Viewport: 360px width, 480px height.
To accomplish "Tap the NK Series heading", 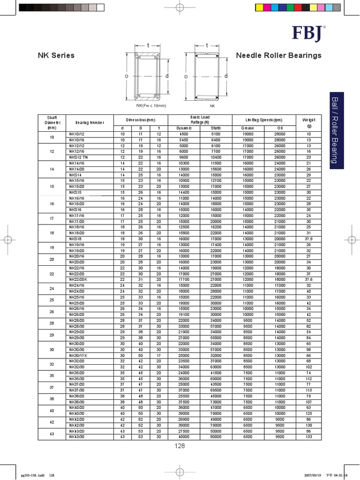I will pos(56,55).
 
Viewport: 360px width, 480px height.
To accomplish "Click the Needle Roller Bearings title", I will pos(279,55).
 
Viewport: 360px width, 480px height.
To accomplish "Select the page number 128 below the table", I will pos(180,446).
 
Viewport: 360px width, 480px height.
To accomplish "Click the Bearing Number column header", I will pos(90,122).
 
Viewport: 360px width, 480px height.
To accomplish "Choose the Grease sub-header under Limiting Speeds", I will pos(247,128).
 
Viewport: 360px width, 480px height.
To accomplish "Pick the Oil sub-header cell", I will pos(280,128).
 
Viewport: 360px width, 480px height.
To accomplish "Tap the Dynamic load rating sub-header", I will pos(184,128).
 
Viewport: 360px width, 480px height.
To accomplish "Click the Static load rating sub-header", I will pos(216,128).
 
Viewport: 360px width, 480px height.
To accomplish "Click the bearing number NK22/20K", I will pos(79,280).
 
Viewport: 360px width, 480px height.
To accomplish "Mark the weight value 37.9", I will pos(309,239).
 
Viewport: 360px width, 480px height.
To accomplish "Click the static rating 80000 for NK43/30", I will pos(216,437).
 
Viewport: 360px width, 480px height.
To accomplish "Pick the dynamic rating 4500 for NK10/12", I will pos(184,134).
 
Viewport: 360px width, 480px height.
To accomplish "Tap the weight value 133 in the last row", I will pos(309,437).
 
